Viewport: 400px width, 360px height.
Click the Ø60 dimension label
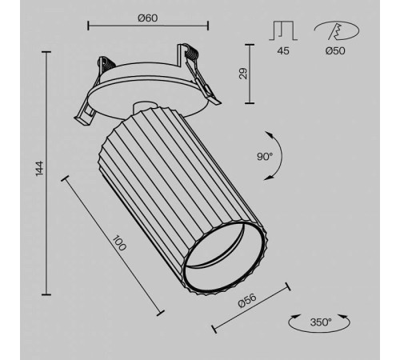point(148,18)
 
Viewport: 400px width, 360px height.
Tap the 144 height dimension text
point(39,168)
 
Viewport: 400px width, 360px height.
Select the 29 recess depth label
point(243,74)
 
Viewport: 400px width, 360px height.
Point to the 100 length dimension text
point(119,243)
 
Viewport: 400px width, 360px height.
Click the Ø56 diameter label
point(247,300)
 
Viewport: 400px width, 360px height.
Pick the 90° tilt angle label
point(265,157)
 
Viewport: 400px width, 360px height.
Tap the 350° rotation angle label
point(321,322)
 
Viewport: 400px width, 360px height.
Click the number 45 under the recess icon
point(283,50)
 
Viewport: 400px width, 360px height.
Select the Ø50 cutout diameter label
point(335,50)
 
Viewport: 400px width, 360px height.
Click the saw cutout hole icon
point(337,31)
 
